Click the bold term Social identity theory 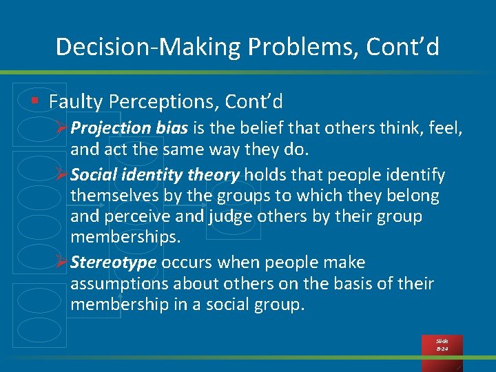(x=155, y=175)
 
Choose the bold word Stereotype (x=114, y=262)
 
